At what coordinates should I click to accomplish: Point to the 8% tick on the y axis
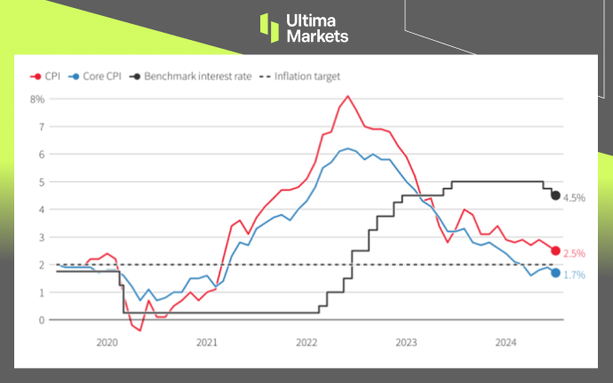(37, 99)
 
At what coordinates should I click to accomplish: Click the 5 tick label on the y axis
(41, 182)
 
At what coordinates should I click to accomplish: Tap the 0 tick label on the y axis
(41, 320)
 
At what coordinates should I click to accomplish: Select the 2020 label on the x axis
(107, 342)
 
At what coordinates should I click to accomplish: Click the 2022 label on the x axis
(306, 342)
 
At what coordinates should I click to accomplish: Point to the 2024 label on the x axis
(506, 342)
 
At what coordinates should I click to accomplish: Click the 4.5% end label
(574, 197)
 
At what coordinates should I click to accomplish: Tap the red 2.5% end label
(575, 252)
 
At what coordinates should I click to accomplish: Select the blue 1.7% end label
(575, 275)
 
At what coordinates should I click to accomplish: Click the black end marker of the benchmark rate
(556, 195)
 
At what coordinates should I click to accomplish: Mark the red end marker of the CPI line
(556, 251)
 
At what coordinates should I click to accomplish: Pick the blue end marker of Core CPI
(556, 273)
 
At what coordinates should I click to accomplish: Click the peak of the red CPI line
(347, 96)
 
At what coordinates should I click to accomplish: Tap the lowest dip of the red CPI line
(140, 331)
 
